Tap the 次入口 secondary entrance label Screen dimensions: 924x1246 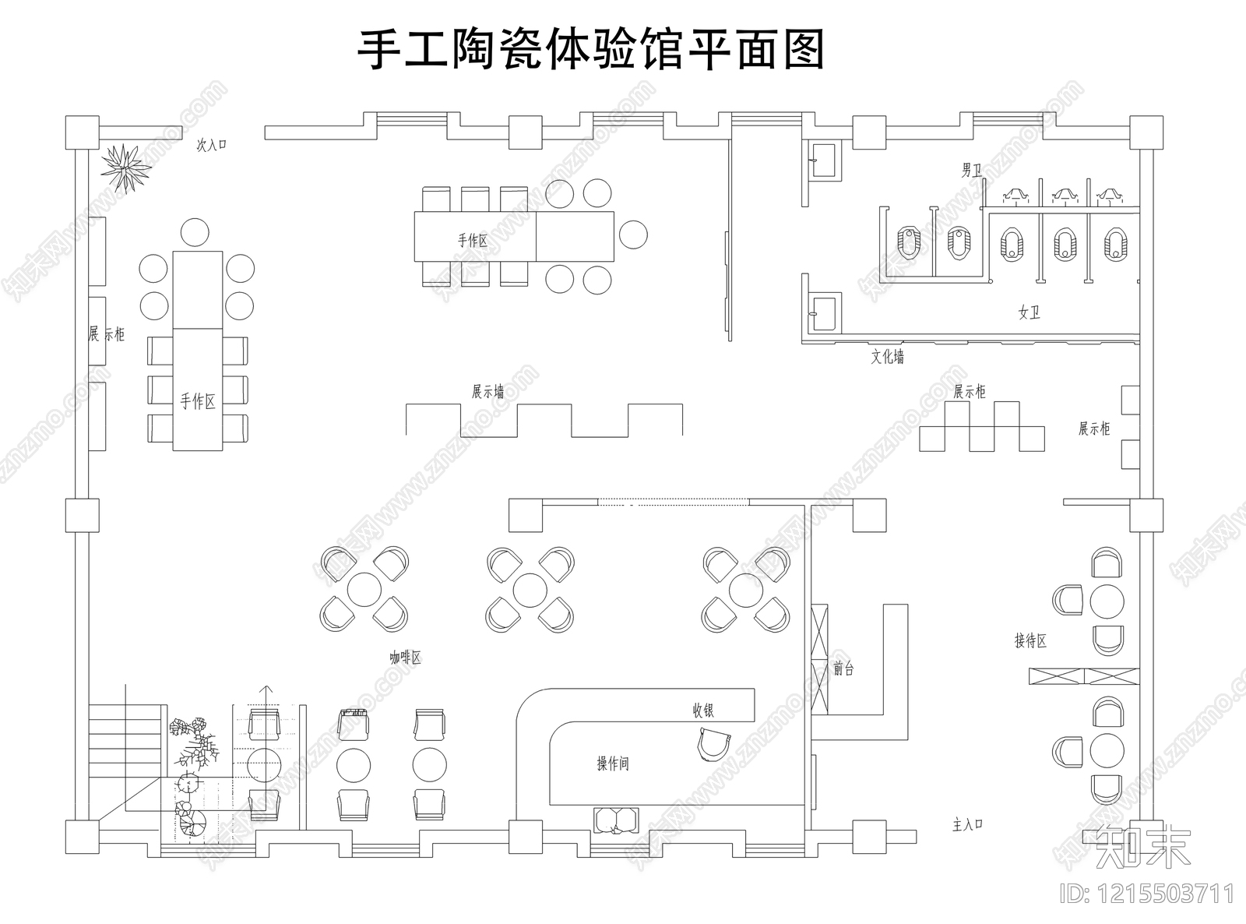211,145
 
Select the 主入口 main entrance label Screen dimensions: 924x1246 968,824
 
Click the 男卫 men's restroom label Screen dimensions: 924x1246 971,170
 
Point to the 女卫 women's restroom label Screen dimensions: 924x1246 1029,312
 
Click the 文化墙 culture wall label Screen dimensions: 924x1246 887,357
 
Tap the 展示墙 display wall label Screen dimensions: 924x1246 487,391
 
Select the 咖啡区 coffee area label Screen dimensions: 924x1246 405,658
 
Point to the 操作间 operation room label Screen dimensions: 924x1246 612,764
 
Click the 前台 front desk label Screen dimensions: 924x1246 843,668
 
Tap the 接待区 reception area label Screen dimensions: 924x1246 1030,640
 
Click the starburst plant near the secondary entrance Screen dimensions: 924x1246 125,167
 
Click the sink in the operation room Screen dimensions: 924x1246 616,820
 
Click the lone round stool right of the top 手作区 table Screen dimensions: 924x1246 632,235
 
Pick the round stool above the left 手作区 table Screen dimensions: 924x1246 194,231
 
